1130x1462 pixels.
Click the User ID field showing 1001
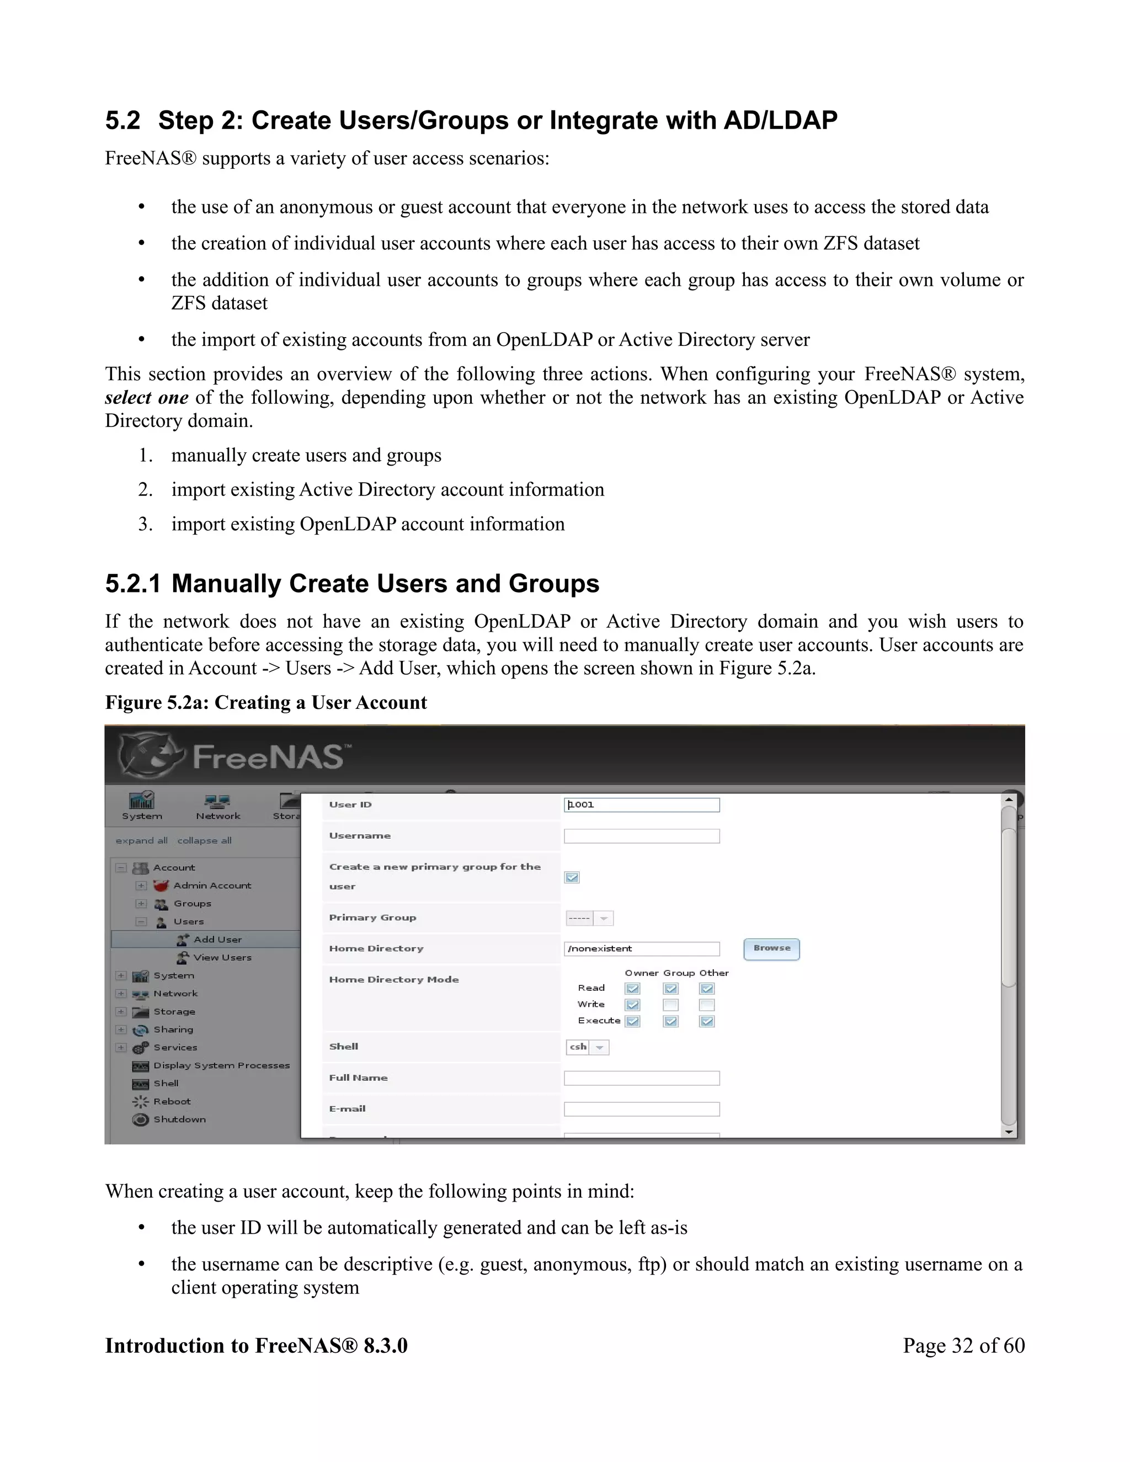point(641,804)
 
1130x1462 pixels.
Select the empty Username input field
point(641,836)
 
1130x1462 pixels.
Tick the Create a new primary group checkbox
point(572,877)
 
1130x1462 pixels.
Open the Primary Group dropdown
point(590,919)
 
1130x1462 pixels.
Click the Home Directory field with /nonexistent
point(641,948)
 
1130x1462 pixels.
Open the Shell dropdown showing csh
point(588,1047)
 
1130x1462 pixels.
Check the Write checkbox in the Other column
point(707,1005)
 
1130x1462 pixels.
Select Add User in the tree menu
point(217,939)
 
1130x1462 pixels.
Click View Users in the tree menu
point(222,957)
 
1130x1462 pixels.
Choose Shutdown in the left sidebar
point(179,1119)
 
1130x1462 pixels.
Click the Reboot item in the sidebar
point(172,1101)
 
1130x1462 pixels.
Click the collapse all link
point(204,841)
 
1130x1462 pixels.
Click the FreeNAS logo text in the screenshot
point(268,757)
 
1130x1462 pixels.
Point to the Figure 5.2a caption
point(266,702)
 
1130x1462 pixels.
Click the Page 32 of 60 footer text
point(963,1346)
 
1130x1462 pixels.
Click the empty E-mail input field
point(641,1109)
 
